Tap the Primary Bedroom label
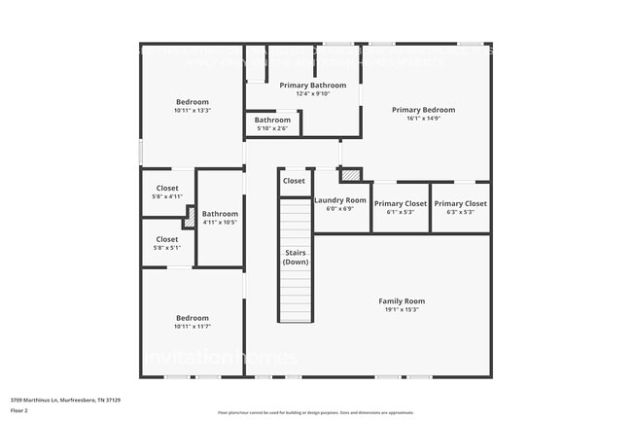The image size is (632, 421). click(x=423, y=110)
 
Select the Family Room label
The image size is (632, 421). click(x=402, y=301)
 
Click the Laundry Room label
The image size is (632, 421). click(x=340, y=200)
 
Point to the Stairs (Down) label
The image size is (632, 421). click(x=297, y=259)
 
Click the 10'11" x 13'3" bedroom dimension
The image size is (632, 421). click(x=193, y=111)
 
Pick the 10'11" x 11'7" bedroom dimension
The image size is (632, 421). click(x=193, y=327)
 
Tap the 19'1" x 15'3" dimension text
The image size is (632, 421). click(x=402, y=310)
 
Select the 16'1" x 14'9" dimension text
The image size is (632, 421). click(x=423, y=119)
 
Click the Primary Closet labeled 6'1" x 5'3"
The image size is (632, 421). click(x=401, y=204)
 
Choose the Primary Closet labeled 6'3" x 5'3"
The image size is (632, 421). click(x=460, y=204)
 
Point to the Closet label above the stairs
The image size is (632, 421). click(x=294, y=181)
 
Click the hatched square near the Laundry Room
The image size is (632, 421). click(x=350, y=175)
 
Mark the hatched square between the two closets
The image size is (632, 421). click(x=190, y=217)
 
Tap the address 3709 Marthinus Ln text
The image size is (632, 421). click(x=65, y=399)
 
